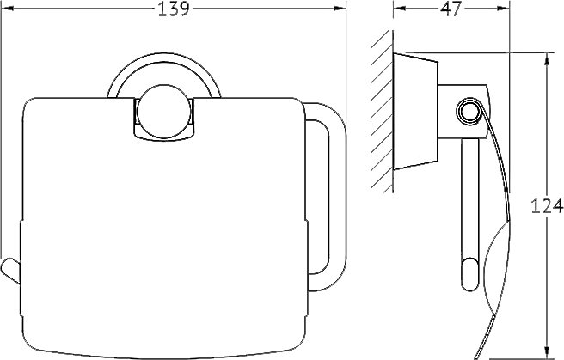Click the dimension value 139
(174, 9)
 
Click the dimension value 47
(451, 9)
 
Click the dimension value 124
(547, 206)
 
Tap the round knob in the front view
(163, 112)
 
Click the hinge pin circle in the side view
(468, 112)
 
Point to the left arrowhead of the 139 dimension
(7, 9)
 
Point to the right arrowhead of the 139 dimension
(340, 9)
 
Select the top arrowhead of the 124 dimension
(547, 59)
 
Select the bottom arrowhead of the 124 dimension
(547, 353)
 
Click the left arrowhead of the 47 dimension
(400, 9)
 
